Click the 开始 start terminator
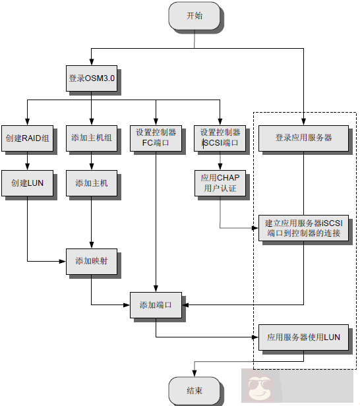(194, 16)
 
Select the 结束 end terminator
(194, 391)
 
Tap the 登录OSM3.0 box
(92, 78)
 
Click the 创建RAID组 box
(26, 137)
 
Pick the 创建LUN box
(26, 183)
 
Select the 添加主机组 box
(91, 137)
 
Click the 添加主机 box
(91, 183)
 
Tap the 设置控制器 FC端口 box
(156, 137)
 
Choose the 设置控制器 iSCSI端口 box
(220, 137)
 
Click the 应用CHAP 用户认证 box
(220, 183)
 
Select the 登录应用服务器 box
(303, 137)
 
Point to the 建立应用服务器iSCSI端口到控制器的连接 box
(303, 228)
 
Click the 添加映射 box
(91, 261)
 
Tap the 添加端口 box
(156, 305)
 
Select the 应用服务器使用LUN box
(303, 337)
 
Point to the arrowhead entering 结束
(194, 374)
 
